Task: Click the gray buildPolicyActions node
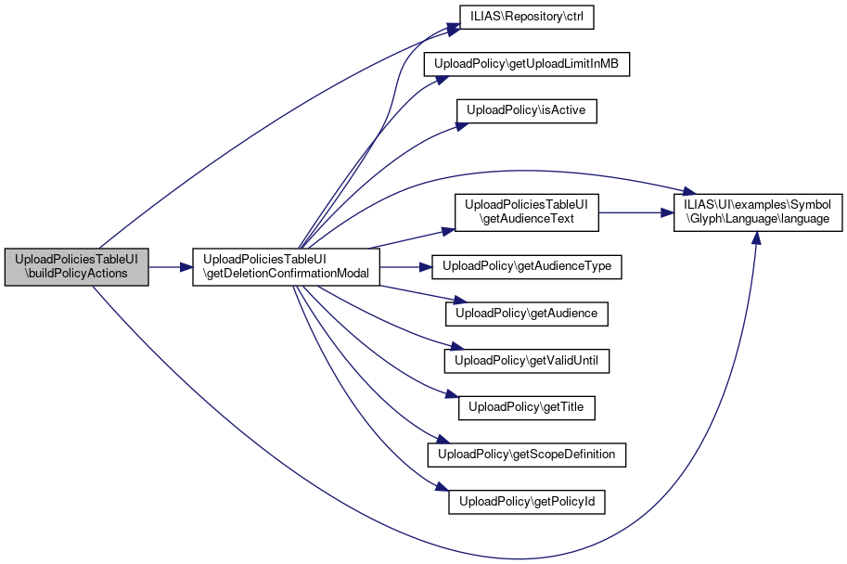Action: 76,267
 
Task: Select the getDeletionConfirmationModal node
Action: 286,267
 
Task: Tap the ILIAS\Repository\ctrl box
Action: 526,18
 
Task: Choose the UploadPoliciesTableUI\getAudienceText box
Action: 525,211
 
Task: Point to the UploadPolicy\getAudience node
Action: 527,314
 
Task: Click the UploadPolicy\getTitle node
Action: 527,407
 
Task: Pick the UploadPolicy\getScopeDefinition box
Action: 527,455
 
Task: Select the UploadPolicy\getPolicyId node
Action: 527,502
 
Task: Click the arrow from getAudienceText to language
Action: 635,211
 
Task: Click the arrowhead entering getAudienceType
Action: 430,267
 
